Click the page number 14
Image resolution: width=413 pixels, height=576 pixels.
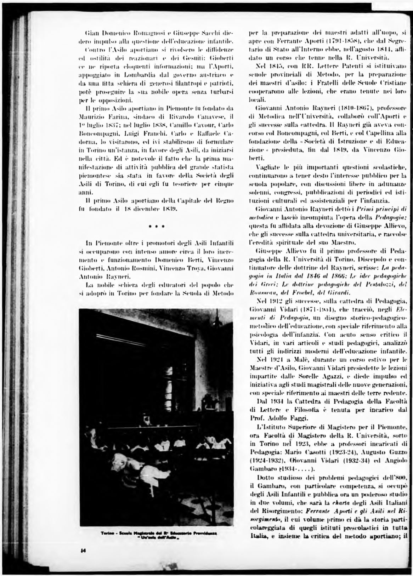pos(82,560)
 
